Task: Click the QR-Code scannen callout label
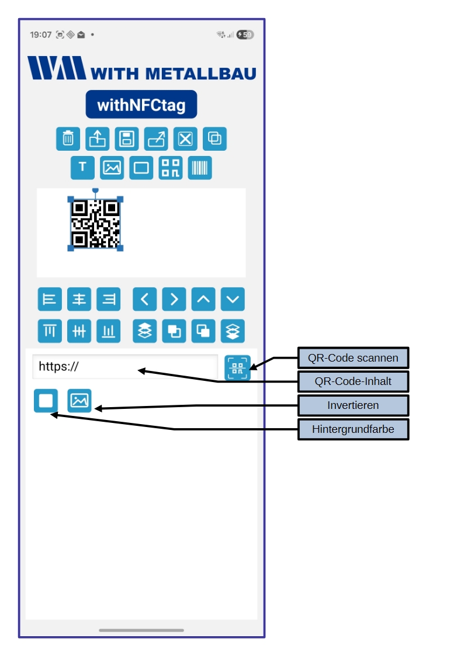tap(353, 357)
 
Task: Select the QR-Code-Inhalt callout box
tap(353, 381)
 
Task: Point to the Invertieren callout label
tap(353, 405)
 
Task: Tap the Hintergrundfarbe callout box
tap(353, 429)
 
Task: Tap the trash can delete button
tap(68, 139)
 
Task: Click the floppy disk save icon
tap(127, 139)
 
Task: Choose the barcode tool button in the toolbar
tap(200, 168)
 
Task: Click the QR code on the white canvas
tap(96, 224)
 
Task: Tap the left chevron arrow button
tap(145, 300)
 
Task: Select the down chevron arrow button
tap(233, 300)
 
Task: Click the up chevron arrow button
tap(203, 300)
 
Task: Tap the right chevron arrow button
tap(174, 300)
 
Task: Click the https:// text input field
tap(124, 367)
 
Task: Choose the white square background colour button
tap(46, 401)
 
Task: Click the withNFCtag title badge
tap(141, 105)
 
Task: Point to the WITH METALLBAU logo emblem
tap(56, 68)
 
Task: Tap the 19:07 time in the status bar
tap(40, 35)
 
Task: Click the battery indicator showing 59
tap(245, 35)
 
